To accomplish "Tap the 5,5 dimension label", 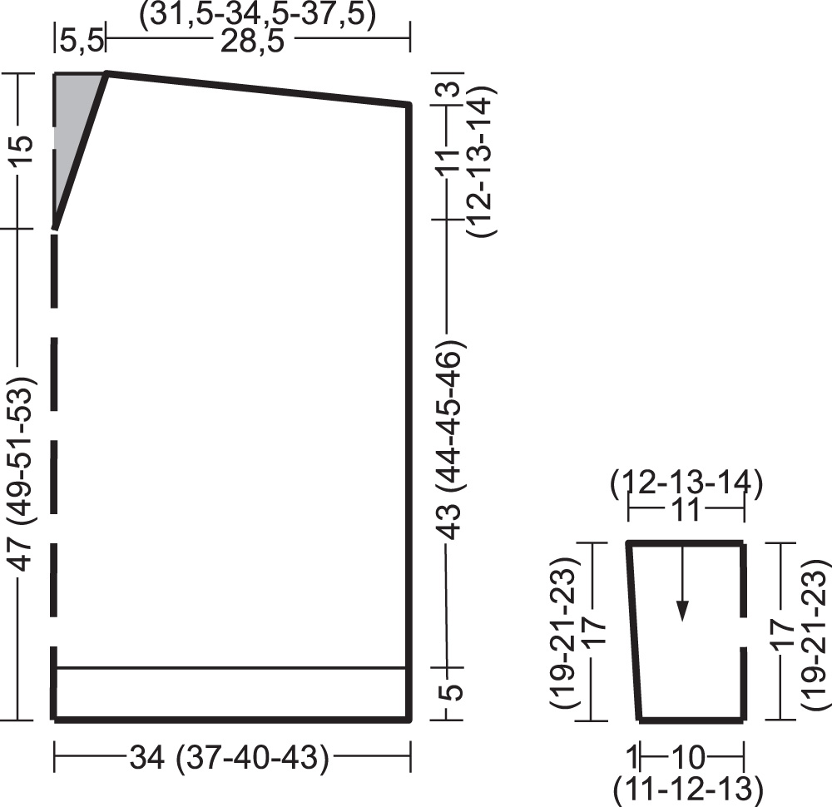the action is [x=82, y=41].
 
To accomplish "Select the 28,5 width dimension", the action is [x=252, y=41].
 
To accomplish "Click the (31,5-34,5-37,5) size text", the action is [x=257, y=14].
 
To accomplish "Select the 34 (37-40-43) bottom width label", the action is [x=230, y=757].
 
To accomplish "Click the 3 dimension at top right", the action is [x=450, y=88].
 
